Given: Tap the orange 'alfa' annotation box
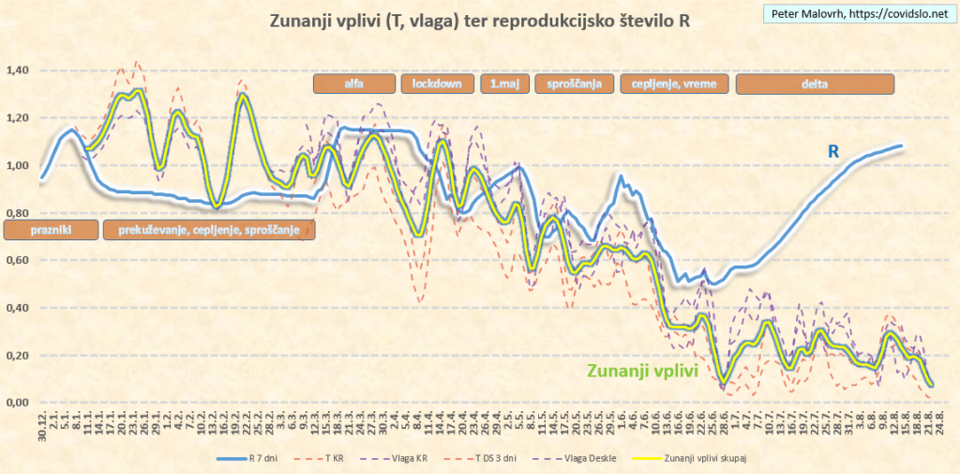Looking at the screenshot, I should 354,84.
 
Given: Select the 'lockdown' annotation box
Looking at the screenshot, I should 438,84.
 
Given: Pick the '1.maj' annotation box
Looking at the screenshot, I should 503,84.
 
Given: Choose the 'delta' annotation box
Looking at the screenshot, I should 815,84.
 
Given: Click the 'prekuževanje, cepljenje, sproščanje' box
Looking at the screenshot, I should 209,229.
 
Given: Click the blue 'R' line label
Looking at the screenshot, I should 832,152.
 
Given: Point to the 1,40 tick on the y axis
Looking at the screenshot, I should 19,70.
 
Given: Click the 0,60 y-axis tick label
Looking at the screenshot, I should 19,260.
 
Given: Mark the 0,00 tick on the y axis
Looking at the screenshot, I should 19,403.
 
